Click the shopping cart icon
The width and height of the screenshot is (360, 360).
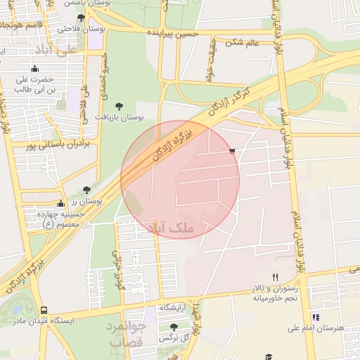[x=232, y=151]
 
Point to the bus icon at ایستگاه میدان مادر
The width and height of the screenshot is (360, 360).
[x=44, y=310]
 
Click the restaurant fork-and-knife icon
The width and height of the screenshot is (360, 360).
[x=275, y=278]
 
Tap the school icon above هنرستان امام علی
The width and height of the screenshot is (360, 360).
[x=316, y=318]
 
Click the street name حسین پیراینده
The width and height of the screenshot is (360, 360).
[x=172, y=33]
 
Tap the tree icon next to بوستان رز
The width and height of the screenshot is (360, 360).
[x=86, y=190]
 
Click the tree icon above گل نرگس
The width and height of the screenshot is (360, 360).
[x=174, y=327]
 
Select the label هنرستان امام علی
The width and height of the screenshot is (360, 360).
[x=315, y=328]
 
